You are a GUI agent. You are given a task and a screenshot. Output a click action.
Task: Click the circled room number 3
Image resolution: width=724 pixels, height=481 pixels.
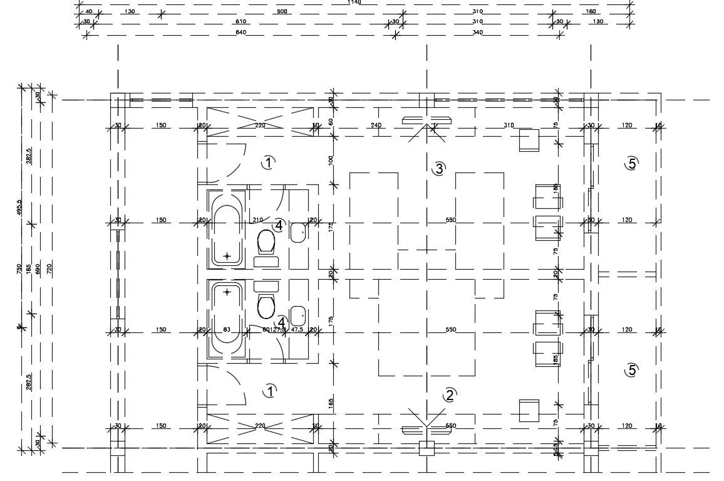tap(438, 168)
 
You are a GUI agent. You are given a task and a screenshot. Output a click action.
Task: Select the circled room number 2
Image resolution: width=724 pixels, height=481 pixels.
tap(449, 395)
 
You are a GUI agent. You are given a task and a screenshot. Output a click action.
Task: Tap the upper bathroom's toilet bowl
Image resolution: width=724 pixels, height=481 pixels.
tap(266, 240)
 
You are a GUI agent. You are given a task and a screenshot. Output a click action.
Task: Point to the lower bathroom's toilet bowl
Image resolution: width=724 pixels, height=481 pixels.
tap(266, 306)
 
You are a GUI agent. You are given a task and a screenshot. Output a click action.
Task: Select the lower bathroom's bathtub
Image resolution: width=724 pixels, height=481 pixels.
tap(227, 320)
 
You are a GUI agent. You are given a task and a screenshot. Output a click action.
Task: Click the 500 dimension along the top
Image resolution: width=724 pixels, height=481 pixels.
tap(282, 12)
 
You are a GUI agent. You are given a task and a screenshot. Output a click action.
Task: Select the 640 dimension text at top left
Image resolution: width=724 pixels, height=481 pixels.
tap(240, 32)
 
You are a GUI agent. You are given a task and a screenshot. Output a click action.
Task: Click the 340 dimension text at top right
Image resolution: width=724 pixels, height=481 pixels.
tap(478, 32)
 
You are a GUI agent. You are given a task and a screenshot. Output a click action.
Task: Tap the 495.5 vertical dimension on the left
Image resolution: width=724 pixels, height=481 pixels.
tap(19, 207)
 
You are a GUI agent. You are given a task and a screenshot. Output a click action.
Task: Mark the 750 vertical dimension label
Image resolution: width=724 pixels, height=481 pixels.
tap(19, 268)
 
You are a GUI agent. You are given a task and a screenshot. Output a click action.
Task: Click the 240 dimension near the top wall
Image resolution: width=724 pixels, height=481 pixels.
tap(376, 125)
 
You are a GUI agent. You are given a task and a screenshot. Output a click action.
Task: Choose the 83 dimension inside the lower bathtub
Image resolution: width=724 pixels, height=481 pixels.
tap(227, 329)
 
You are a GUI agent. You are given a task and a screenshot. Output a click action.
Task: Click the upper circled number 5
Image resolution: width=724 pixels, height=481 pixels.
tap(631, 164)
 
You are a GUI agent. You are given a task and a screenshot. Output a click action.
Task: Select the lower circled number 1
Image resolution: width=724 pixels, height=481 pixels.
tap(269, 391)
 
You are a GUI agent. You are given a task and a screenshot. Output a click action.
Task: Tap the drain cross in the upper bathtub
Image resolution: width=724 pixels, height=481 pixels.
tap(227, 256)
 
